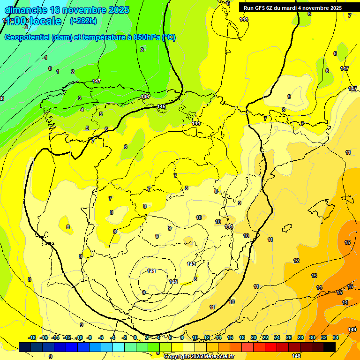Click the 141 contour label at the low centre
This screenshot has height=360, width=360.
tap(151, 271)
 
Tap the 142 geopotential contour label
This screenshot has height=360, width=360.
tap(173, 282)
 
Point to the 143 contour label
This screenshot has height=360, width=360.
tap(191, 264)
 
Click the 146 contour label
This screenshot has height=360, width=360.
tap(145, 97)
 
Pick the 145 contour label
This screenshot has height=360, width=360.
tap(161, 107)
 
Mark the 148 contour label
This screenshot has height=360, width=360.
tap(296, 356)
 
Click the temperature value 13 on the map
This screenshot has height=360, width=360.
tap(314, 276)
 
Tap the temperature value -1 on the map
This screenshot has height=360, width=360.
tap(45, 58)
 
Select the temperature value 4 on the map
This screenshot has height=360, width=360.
tap(82, 110)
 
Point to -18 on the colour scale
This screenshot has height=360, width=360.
tap(32, 337)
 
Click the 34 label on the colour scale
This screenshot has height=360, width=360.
tap(336, 337)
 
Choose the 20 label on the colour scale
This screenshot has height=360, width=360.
tap(254, 337)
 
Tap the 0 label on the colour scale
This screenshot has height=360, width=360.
tap(135, 337)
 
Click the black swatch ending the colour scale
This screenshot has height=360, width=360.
tap(330, 346)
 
